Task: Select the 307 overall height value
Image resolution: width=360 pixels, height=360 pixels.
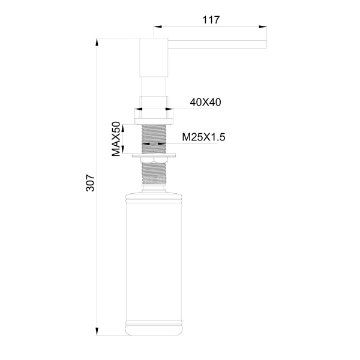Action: (x=90, y=183)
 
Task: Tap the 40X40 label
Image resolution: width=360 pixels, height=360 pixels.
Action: (x=206, y=102)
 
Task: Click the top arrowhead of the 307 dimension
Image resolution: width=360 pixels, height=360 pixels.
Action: (x=98, y=41)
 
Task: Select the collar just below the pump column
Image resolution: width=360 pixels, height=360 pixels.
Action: (x=153, y=101)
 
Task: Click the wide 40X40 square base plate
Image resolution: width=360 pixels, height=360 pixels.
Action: (x=153, y=115)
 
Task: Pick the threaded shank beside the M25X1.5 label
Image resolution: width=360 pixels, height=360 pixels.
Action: (x=153, y=137)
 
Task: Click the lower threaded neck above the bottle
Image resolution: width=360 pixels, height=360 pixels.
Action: (x=153, y=174)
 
